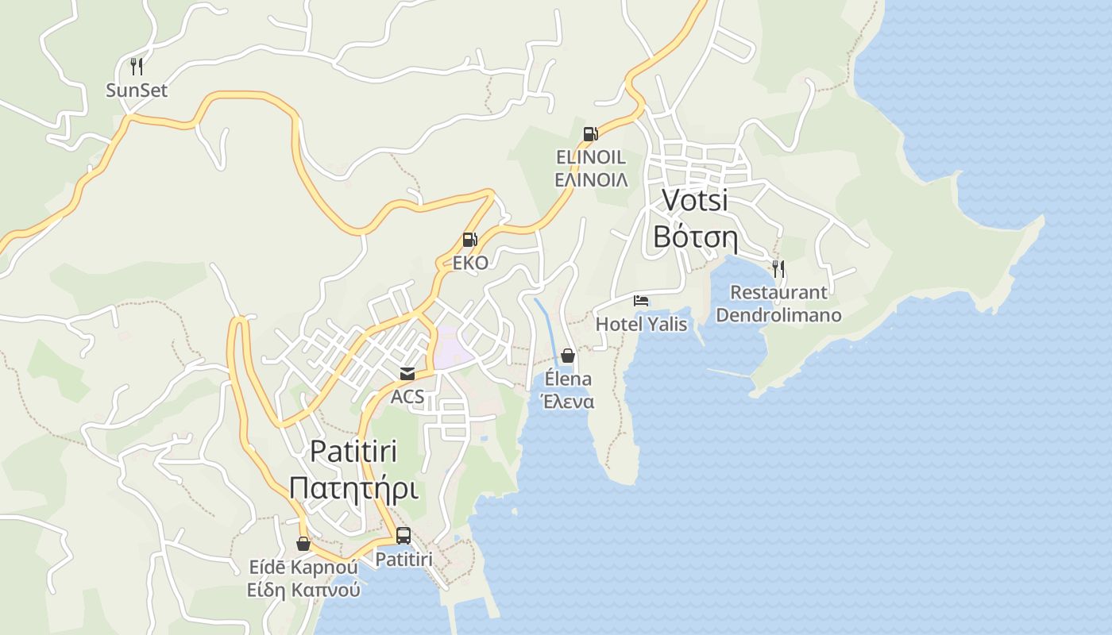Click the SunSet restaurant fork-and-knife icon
[137, 67]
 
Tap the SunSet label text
[137, 90]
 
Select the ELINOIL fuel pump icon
[590, 133]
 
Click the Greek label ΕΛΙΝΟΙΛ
[591, 180]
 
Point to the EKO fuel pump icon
[470, 239]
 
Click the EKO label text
[470, 263]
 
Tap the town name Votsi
[695, 200]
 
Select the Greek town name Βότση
[695, 237]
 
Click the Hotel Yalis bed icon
[641, 300]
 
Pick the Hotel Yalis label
[641, 324]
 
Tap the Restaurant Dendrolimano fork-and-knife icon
[778, 268]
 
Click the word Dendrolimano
[778, 315]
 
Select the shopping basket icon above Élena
[568, 356]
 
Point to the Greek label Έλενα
[567, 402]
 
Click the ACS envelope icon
[407, 373]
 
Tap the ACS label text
[407, 396]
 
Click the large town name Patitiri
[353, 451]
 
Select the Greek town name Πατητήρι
[353, 487]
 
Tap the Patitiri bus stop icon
[403, 536]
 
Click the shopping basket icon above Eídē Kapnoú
[303, 544]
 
